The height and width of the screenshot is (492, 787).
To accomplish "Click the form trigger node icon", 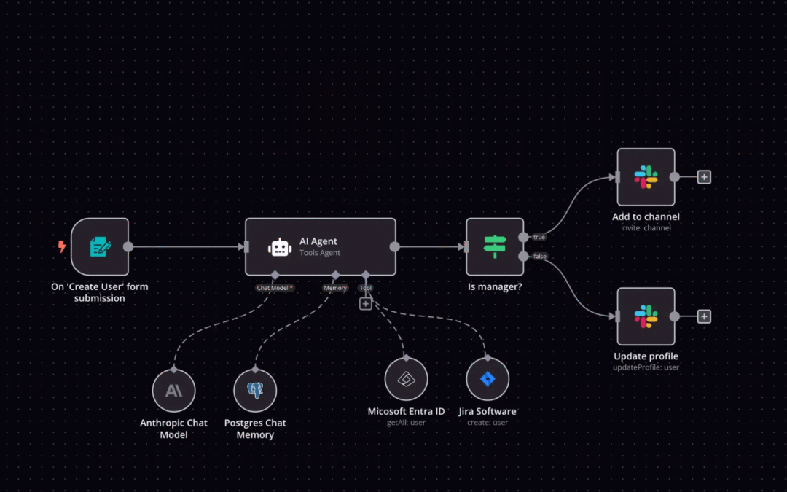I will coord(101,246).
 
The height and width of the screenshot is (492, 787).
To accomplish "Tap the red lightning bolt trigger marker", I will coord(62,246).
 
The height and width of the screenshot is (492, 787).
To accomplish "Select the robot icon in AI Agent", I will coord(280,247).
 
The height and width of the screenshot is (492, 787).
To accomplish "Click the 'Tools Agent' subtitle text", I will coord(320,253).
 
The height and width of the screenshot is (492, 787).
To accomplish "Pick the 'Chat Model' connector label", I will coord(275,288).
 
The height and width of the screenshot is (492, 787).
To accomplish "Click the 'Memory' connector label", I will coord(335,288).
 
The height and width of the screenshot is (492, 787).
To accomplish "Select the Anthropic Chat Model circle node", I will coord(173,391).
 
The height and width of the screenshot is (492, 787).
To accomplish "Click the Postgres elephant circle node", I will coord(255,391).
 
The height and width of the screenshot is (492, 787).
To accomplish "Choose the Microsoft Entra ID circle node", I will coord(406,380).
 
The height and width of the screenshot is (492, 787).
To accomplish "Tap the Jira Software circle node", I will coord(488,380).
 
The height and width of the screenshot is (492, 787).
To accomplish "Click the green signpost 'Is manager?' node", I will coord(495,246).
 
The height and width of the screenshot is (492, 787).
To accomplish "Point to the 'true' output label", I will coord(539,237).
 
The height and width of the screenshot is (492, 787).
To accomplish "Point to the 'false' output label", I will coord(540,257).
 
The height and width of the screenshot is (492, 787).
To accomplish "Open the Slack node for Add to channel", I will coord(646,177).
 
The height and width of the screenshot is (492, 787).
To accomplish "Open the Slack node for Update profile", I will coord(646,316).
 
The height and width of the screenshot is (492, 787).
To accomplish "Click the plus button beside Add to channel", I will coord(704,177).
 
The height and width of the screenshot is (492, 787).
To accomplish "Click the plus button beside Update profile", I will coord(704,316).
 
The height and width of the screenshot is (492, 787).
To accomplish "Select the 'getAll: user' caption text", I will coord(406,423).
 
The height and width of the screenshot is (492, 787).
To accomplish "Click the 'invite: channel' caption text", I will coord(646,228).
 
